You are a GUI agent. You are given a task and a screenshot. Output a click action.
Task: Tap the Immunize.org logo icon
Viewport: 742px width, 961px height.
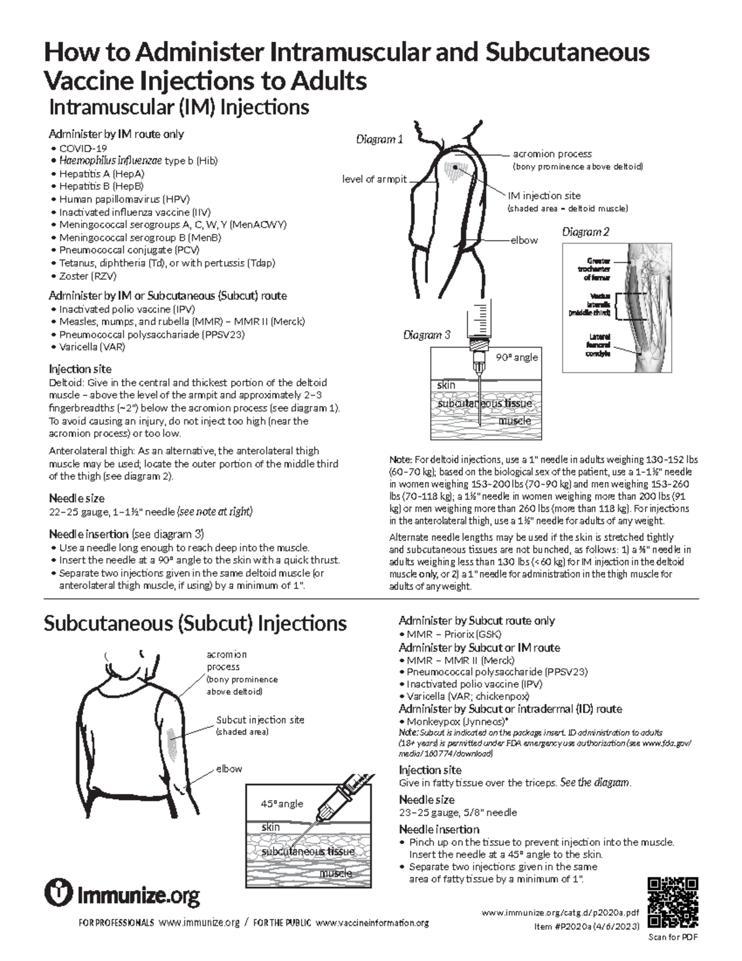click(59, 893)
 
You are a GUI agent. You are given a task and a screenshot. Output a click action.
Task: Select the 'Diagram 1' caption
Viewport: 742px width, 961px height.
click(379, 139)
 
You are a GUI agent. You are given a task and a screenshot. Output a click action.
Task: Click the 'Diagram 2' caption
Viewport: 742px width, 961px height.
click(585, 232)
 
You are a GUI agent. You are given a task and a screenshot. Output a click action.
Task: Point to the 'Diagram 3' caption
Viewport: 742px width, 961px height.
click(427, 335)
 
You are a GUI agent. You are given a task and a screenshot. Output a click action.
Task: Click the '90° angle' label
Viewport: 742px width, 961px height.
click(517, 357)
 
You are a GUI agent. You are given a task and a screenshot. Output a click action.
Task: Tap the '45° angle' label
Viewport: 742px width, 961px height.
click(281, 803)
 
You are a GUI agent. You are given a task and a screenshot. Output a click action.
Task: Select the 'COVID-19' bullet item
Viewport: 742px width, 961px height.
click(83, 148)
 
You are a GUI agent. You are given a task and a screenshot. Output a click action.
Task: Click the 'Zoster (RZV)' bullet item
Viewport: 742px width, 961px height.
click(87, 276)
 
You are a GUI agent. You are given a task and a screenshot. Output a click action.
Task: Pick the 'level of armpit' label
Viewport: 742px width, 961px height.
click(375, 179)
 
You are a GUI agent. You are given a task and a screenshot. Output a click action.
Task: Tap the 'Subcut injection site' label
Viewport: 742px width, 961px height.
click(260, 720)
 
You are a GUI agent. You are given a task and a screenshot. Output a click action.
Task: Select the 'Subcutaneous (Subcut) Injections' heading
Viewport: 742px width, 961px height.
click(195, 623)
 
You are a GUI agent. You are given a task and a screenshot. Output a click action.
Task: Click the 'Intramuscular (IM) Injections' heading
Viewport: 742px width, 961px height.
click(179, 107)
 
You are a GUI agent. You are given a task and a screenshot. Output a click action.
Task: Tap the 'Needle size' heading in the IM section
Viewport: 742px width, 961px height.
click(77, 498)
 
